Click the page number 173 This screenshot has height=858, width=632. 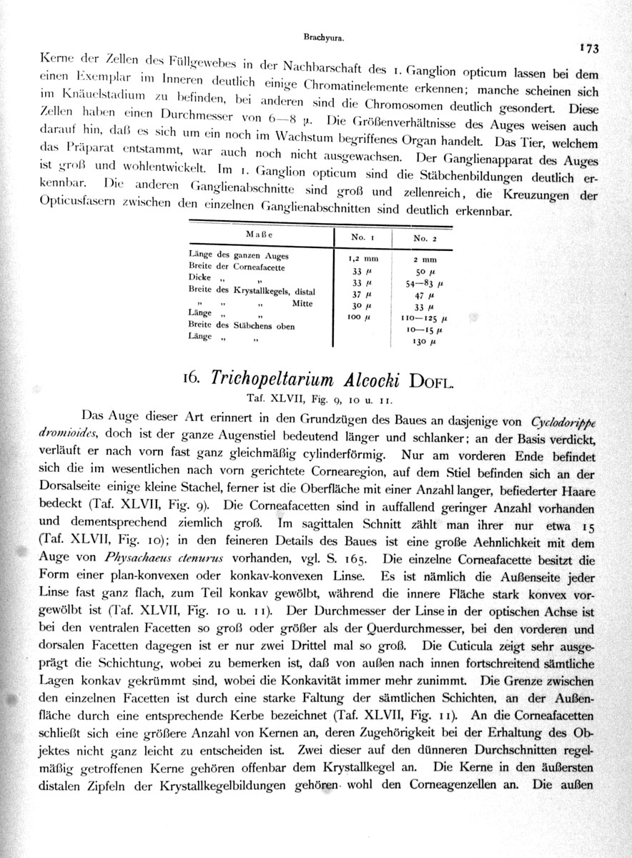tap(589, 49)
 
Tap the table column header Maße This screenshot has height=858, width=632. tap(260, 234)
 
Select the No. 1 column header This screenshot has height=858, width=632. tap(363, 236)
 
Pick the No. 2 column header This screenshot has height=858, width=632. tap(425, 238)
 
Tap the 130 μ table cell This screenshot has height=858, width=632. tap(424, 342)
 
